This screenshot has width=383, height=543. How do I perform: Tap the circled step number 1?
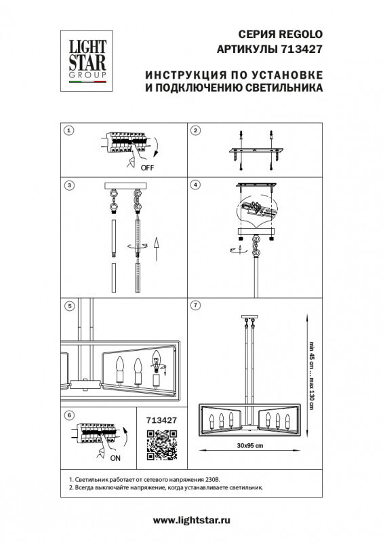(68, 130)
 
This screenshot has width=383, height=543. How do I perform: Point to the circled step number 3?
(68, 185)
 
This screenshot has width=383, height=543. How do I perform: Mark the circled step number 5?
(68, 306)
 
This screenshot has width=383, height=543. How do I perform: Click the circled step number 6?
(68, 415)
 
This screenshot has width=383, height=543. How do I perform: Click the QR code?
(161, 446)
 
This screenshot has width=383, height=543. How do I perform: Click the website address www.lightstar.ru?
(192, 520)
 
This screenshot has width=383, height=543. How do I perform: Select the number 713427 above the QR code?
(161, 420)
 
